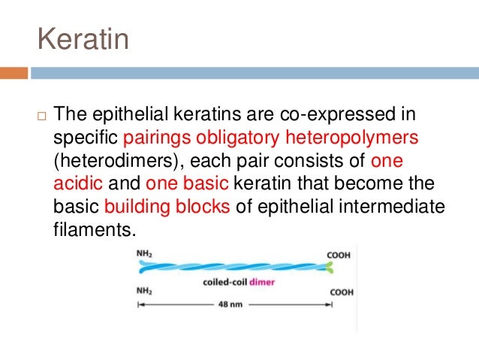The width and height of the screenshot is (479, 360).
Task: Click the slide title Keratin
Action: point(83,38)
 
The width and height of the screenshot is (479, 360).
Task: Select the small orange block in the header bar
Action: point(14,73)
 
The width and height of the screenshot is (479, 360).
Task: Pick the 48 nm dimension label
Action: point(233,306)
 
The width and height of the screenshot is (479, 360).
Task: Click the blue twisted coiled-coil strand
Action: point(233,267)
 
